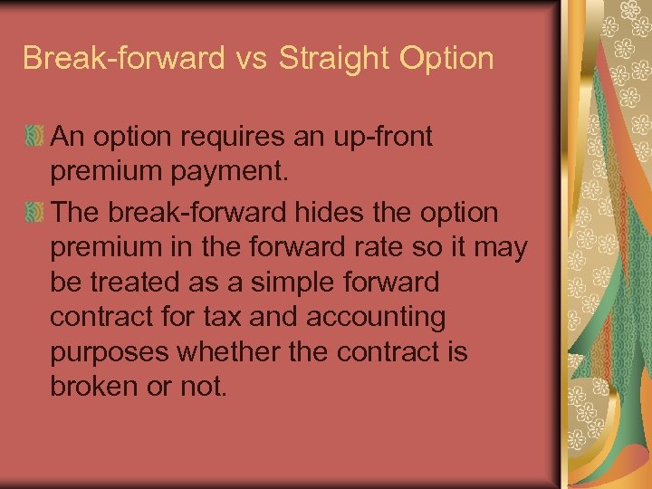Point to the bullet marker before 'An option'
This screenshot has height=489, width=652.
[34, 138]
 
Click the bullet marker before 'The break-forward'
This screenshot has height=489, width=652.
[34, 214]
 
